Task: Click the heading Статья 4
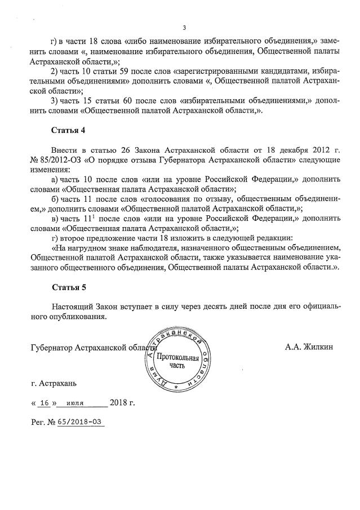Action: click(x=68, y=131)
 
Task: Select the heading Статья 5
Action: click(x=68, y=287)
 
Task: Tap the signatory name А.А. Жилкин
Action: click(x=309, y=347)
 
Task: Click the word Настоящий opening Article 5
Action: click(x=72, y=307)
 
